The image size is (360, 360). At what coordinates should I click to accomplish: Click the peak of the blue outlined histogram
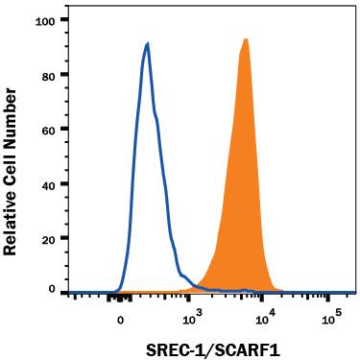147,43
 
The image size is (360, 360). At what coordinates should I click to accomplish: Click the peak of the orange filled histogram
246,39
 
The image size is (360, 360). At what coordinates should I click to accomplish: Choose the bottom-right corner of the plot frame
354,295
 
